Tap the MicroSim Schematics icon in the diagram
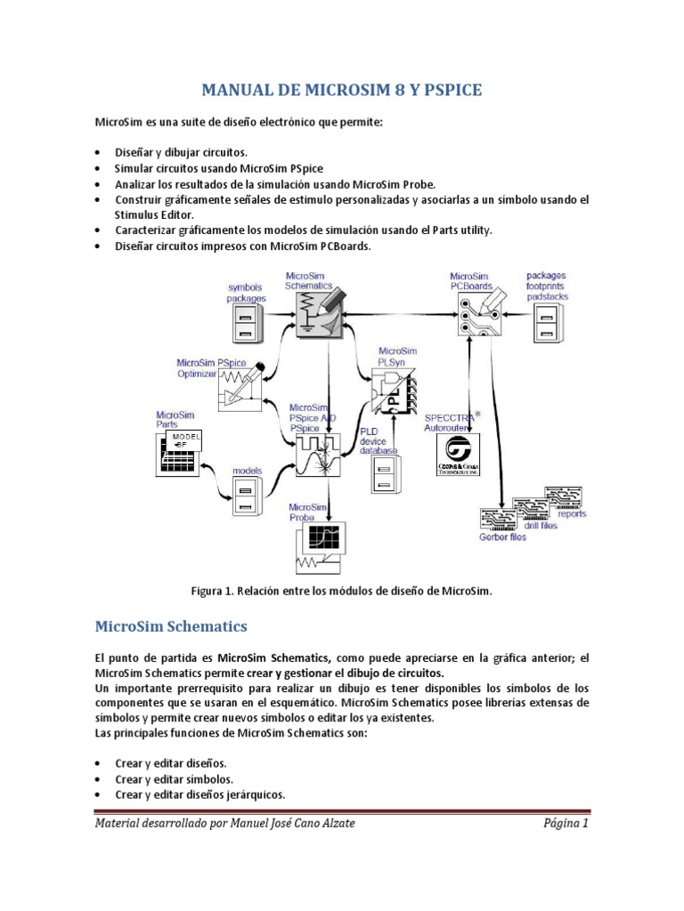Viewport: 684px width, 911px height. pyautogui.click(x=320, y=316)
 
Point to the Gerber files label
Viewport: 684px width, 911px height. pyautogui.click(x=503, y=536)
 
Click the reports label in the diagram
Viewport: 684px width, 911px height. pyautogui.click(x=572, y=513)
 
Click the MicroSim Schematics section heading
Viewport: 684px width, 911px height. pyautogui.click(x=170, y=626)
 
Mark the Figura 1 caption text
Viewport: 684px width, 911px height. pyautogui.click(x=342, y=590)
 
